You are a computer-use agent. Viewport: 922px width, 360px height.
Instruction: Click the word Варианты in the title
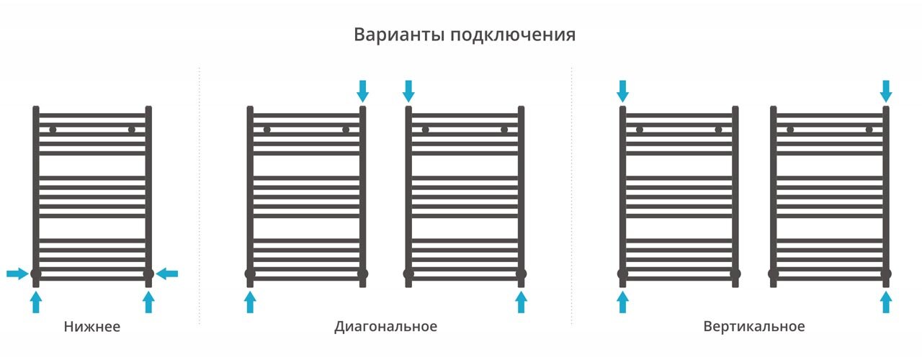click(398, 35)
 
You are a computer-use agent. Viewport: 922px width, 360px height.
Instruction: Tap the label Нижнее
click(92, 327)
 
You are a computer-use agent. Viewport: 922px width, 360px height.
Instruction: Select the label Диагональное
click(385, 327)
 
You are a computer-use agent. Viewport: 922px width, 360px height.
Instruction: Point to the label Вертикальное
click(754, 327)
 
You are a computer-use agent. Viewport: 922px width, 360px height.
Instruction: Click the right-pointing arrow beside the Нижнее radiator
click(17, 274)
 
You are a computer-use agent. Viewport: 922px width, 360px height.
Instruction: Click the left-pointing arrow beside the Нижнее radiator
click(167, 274)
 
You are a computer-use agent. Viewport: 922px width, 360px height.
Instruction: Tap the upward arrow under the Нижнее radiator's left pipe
click(36, 302)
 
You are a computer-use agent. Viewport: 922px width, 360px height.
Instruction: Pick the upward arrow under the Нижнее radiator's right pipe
click(148, 302)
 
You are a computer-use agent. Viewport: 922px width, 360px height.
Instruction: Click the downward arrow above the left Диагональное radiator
click(362, 91)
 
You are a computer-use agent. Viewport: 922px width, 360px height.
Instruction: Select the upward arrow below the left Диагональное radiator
click(250, 302)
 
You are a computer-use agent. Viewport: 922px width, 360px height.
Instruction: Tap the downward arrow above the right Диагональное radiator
click(408, 91)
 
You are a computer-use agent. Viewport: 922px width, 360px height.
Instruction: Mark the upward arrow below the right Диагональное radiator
click(521, 302)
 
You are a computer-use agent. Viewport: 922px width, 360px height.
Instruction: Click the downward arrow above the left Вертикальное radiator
click(623, 91)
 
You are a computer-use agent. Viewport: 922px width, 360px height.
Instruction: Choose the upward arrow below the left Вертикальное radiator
click(623, 302)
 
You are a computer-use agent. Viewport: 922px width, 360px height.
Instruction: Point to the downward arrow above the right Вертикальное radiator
click(886, 91)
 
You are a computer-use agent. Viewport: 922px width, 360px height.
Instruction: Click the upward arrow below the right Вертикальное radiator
click(886, 302)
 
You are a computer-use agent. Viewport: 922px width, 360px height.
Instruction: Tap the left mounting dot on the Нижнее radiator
click(53, 130)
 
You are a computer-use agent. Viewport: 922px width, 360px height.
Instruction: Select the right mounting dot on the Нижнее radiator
click(132, 130)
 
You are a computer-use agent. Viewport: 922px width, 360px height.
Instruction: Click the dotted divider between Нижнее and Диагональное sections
click(199, 194)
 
